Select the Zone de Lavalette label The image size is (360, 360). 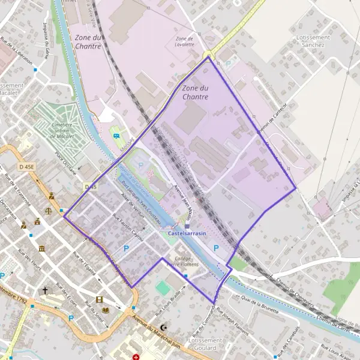184,41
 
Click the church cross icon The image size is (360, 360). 44,290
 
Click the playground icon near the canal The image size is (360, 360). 115,136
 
